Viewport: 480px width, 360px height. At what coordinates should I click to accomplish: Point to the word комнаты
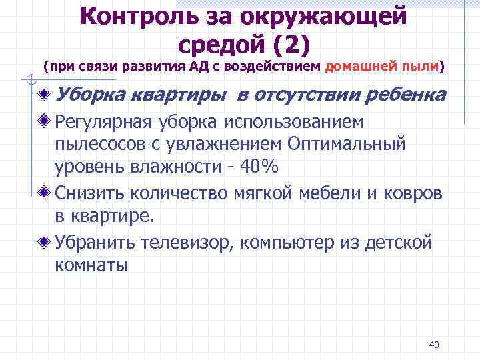pyautogui.click(x=91, y=265)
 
